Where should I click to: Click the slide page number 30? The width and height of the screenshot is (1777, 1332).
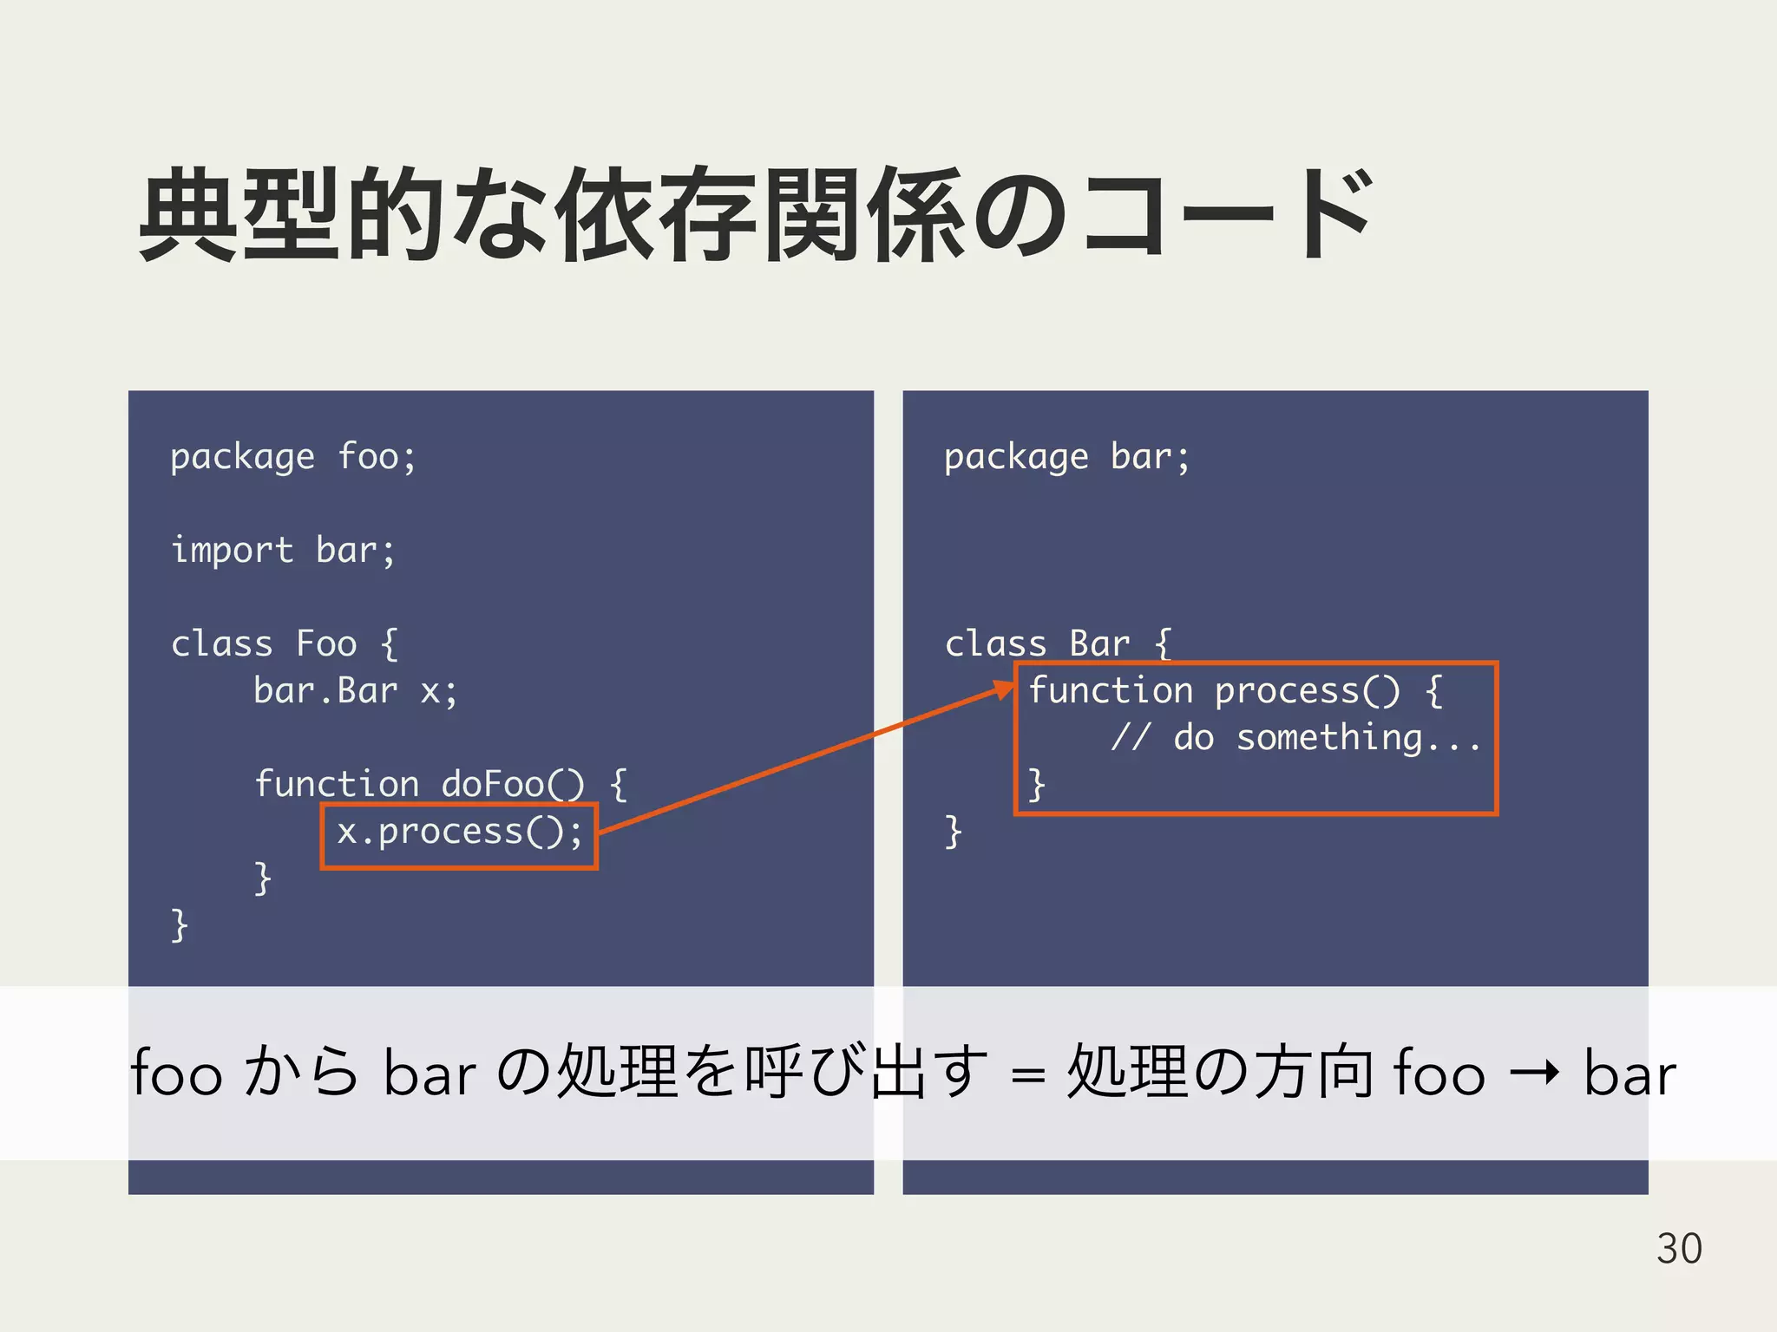click(1679, 1249)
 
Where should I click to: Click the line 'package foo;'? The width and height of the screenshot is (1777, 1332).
click(293, 457)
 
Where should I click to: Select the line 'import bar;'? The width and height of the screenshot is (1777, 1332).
click(283, 551)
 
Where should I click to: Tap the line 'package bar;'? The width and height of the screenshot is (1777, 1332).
click(1066, 457)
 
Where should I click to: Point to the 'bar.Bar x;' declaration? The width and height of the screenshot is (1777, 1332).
click(355, 691)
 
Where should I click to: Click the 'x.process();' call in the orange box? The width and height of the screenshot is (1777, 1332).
click(459, 832)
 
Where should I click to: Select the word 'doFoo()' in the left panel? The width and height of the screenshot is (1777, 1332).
click(512, 784)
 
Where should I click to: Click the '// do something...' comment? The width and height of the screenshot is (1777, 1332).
click(1295, 738)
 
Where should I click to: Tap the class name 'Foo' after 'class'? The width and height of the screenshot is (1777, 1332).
click(326, 644)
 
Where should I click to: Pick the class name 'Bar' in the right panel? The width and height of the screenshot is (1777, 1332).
click(1099, 644)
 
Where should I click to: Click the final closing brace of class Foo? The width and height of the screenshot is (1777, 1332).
click(180, 925)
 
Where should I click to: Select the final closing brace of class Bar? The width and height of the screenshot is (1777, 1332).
click(953, 832)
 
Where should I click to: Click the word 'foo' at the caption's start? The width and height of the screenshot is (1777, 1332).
click(176, 1074)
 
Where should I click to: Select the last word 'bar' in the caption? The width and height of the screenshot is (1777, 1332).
click(1629, 1074)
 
